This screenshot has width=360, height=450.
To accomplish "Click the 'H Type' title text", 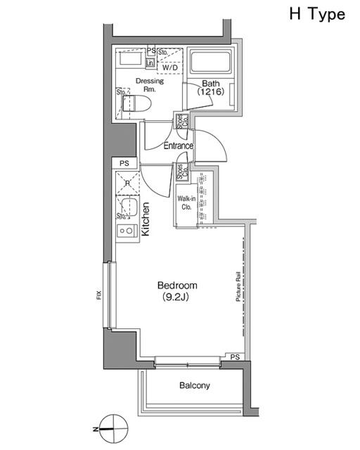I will coord(316,14).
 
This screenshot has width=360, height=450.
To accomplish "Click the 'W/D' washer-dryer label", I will coord(169,67).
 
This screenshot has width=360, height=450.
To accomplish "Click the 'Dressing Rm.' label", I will coord(149,85).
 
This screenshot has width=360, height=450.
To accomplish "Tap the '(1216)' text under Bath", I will coord(210,92).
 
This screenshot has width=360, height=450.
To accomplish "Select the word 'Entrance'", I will coord(179,146).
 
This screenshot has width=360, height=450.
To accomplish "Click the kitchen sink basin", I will coord(127,206).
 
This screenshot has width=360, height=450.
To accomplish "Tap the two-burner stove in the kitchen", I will coord(127,230).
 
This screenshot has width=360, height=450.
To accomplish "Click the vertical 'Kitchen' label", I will coord(146,218).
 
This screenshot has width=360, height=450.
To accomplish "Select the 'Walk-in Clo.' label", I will coord(186,202).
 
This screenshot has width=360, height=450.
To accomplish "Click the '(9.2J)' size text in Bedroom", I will coord(176,297).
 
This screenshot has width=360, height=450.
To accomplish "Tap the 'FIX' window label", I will coord(99,296).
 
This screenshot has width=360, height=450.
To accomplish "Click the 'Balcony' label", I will coord(194,385).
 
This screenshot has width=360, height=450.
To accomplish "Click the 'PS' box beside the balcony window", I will coord(235,358).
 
